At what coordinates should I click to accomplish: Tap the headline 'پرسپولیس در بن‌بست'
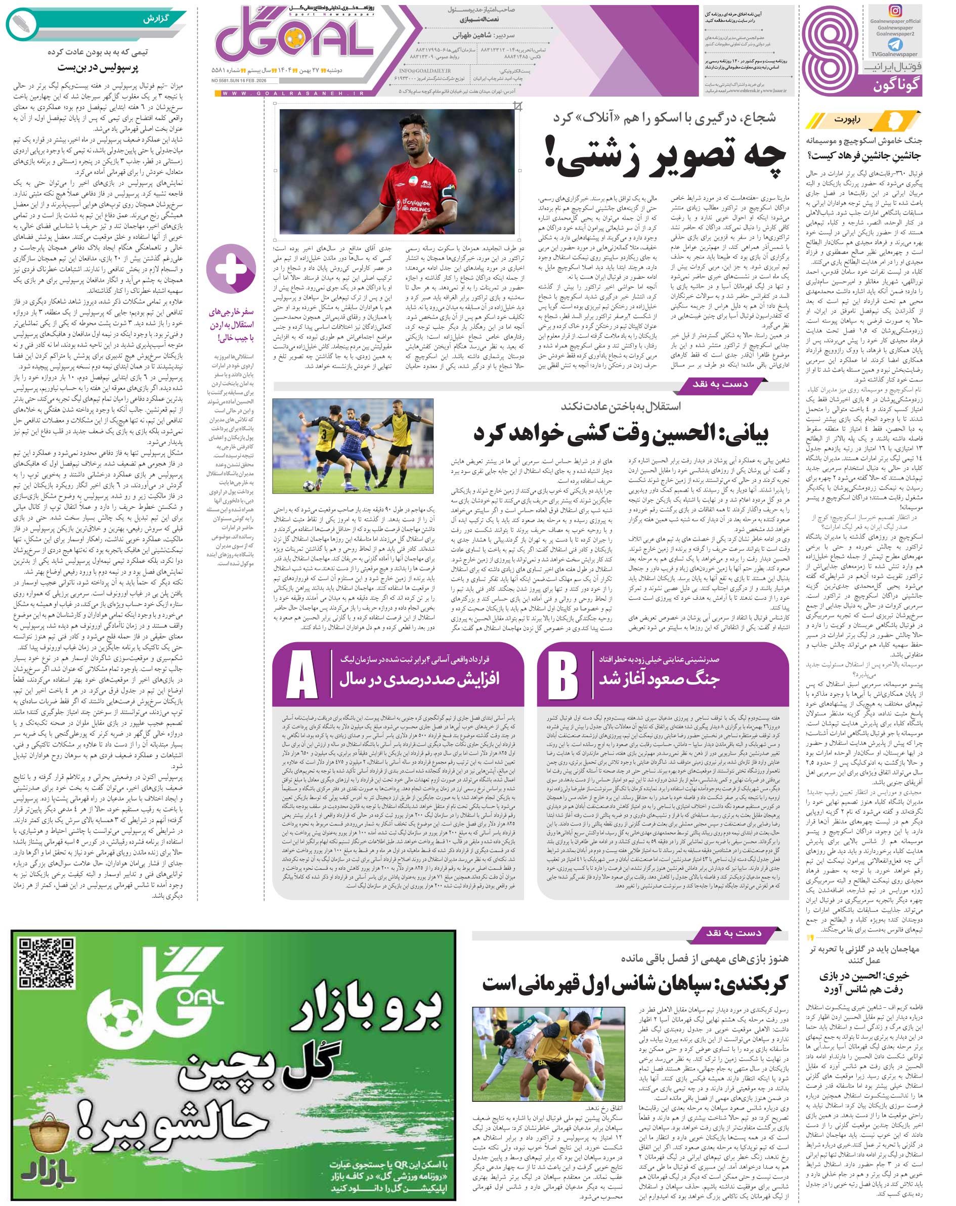(98, 68)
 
